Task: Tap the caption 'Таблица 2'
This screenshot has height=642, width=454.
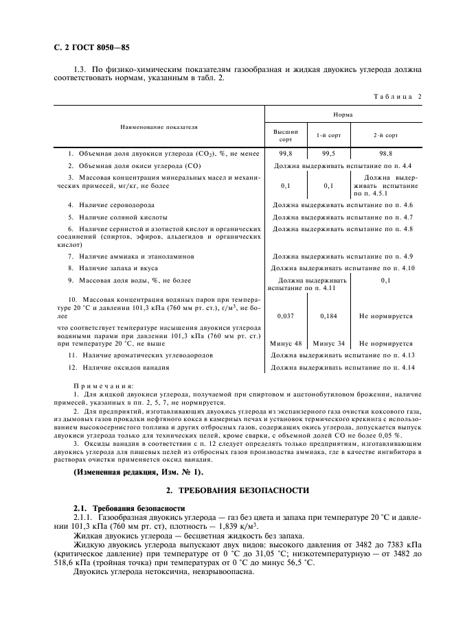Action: click(397, 96)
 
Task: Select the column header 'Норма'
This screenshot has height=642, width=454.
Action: click(343, 115)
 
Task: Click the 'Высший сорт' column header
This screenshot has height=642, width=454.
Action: click(286, 134)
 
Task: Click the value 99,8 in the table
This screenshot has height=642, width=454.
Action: click(286, 154)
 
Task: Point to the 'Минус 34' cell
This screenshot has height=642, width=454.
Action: click(328, 343)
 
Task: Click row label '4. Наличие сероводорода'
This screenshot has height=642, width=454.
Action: click(111, 204)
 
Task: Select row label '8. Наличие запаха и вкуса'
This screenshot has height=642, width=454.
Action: click(115, 267)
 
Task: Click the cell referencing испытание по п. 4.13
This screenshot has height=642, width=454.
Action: click(342, 355)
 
